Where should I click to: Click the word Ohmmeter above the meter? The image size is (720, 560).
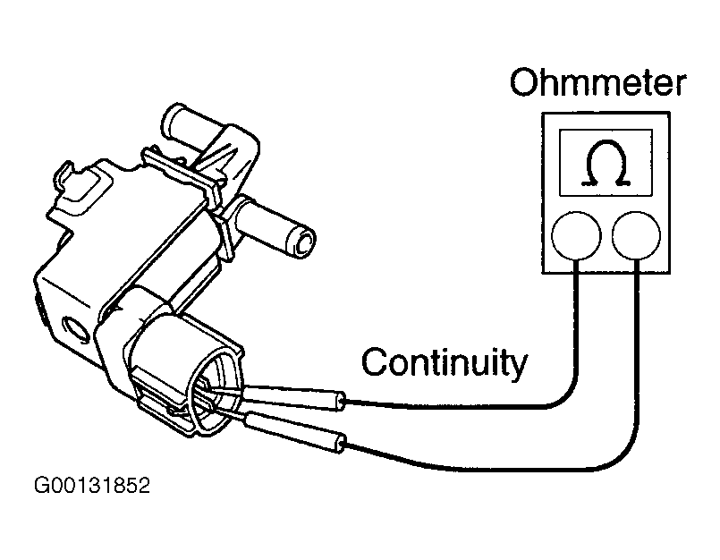tap(597, 84)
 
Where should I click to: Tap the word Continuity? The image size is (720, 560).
tap(444, 363)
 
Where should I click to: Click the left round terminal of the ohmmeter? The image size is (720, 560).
tap(575, 236)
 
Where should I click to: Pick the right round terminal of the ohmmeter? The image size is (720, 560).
tap(637, 236)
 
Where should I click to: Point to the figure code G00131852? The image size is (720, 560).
tap(92, 488)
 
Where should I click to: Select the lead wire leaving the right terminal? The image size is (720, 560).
tap(638, 358)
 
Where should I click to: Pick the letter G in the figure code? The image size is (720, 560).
tap(42, 488)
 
